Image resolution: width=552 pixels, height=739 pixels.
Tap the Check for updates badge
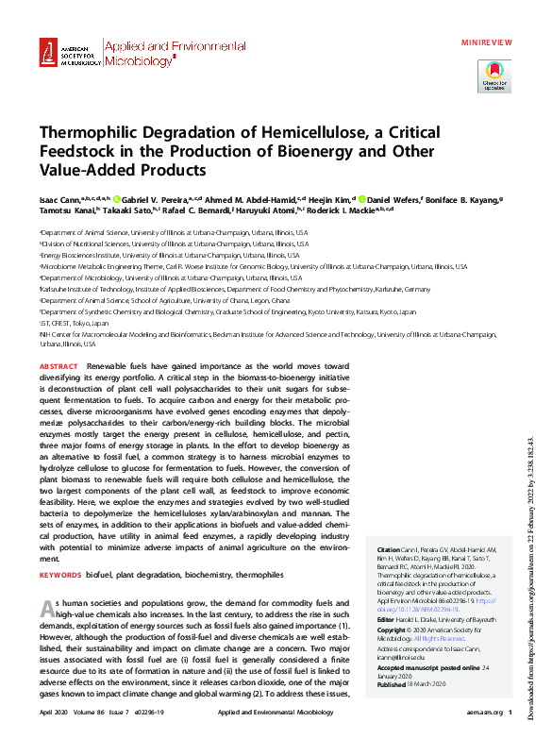pos(495,75)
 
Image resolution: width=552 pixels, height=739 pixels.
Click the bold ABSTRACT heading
pos(59,365)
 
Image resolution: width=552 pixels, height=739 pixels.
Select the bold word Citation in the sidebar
pos(389,549)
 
